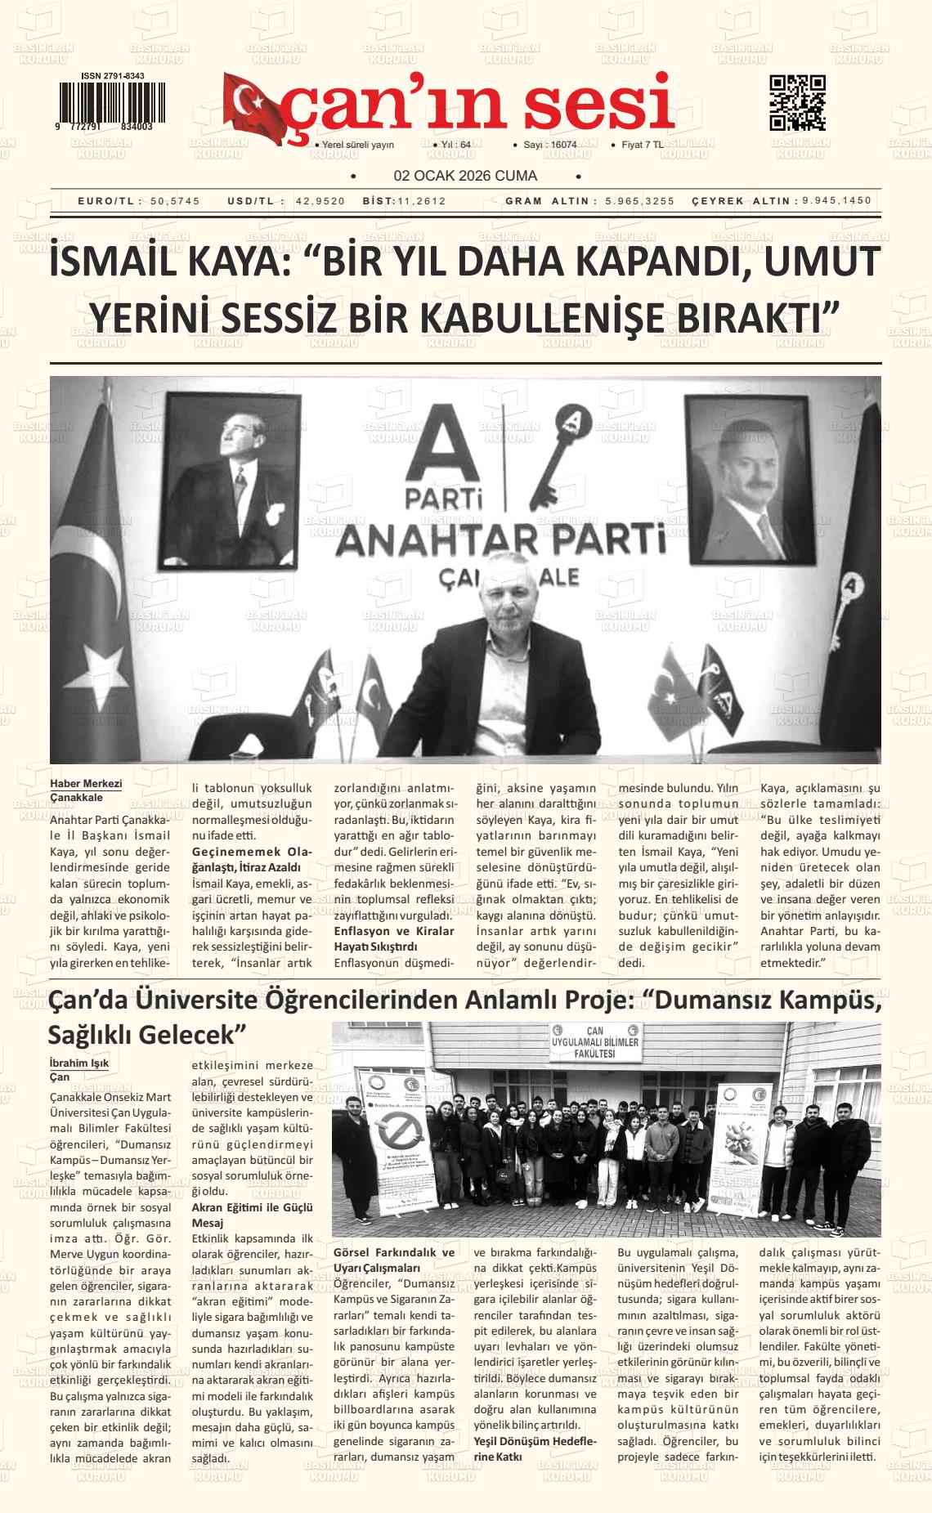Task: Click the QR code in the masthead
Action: tap(797, 102)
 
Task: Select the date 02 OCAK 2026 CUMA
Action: tap(465, 176)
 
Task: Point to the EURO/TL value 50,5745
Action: tap(175, 201)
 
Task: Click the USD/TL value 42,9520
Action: tap(320, 201)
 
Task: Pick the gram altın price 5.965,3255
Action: tap(640, 201)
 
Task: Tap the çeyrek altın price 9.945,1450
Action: tap(836, 201)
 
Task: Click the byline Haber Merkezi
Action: tap(86, 783)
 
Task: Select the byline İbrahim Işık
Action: tap(79, 1063)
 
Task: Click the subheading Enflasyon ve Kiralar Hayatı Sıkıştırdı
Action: tap(394, 938)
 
